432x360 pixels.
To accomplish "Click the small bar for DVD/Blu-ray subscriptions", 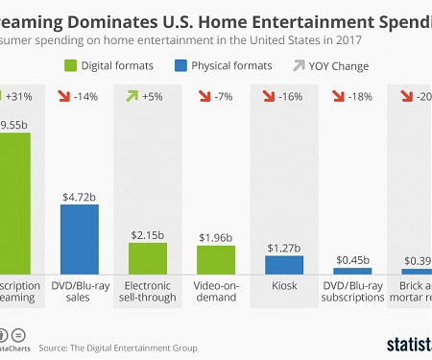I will point(352,272).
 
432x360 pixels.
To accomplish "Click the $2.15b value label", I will point(148,233).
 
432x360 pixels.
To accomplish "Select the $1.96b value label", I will point(216,237).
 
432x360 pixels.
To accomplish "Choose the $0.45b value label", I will point(352,258).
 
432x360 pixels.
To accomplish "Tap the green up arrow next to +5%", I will point(132,97).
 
